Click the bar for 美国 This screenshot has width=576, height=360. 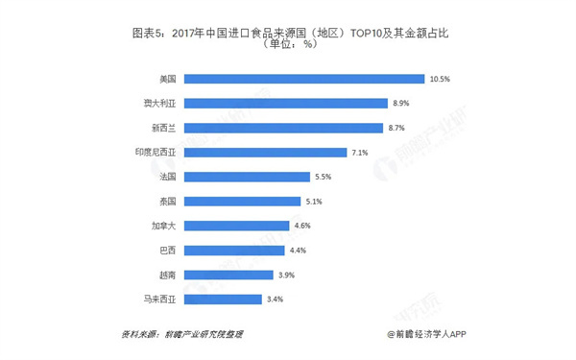pyautogui.click(x=304, y=79)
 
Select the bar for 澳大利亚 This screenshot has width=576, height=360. pyautogui.click(x=286, y=104)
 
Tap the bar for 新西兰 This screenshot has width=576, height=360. pyautogui.click(x=283, y=128)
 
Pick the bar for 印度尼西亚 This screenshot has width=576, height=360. pyautogui.click(x=265, y=152)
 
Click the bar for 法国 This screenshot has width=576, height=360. pyautogui.click(x=247, y=177)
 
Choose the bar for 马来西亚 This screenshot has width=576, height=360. pyautogui.click(x=223, y=300)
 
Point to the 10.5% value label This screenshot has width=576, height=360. pyautogui.click(x=440, y=79)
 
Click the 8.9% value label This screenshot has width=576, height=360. pyautogui.click(x=400, y=104)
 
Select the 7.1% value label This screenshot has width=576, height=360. pyautogui.click(x=360, y=153)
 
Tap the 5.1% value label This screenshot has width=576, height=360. pyautogui.click(x=314, y=202)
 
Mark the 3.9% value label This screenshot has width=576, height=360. pyautogui.click(x=286, y=275)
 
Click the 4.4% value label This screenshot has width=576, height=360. pyautogui.click(x=298, y=251)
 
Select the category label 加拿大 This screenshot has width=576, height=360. pyautogui.click(x=164, y=226)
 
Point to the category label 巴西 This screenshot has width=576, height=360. pyautogui.click(x=168, y=251)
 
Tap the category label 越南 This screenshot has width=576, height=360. pyautogui.click(x=168, y=275)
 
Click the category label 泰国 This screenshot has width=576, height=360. pyautogui.click(x=168, y=202)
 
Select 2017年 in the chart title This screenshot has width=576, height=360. pyautogui.click(x=188, y=34)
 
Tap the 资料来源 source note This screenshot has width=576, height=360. pyautogui.click(x=182, y=334)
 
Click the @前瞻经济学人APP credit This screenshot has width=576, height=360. pyautogui.click(x=426, y=334)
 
